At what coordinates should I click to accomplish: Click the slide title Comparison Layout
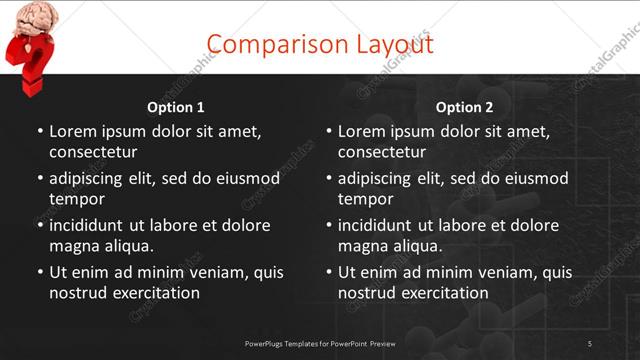pos(320,44)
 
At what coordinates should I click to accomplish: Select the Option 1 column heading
pos(176,107)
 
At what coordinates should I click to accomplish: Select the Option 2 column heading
pos(464,107)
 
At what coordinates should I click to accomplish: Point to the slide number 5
pos(590,344)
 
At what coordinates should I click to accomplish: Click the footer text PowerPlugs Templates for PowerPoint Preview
pos(320,344)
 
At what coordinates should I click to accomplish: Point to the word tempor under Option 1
pos(74,199)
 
